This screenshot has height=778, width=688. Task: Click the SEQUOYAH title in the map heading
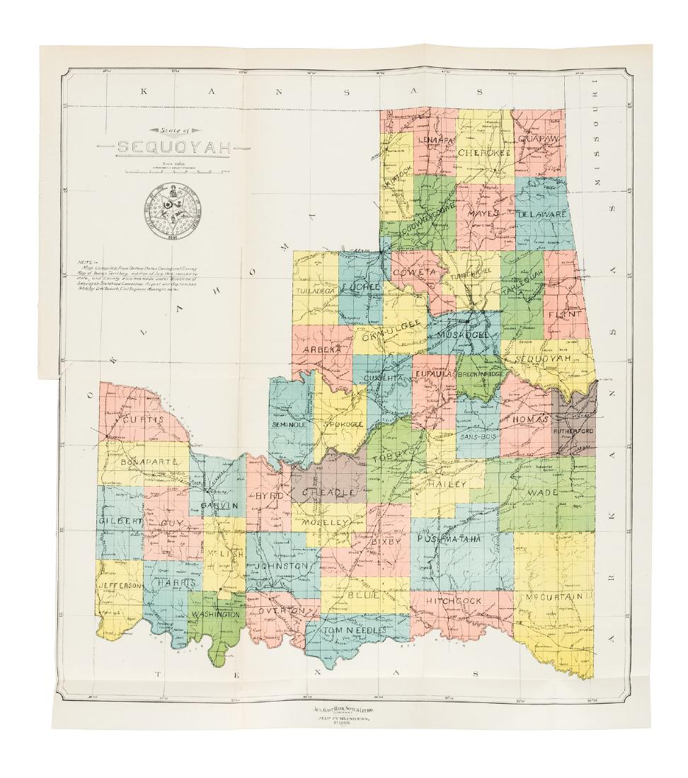pos(173,148)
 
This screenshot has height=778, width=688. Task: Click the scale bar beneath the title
pos(173,171)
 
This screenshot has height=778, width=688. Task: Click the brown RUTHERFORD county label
pos(573,431)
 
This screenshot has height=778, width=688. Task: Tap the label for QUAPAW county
pos(539,139)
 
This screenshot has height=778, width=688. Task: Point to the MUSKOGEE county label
pos(463,334)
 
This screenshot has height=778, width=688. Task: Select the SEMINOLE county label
pos(289,424)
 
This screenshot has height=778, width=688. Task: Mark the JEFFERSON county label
pos(120,586)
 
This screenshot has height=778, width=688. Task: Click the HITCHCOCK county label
pos(454,600)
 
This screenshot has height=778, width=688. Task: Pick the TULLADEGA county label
pos(316,291)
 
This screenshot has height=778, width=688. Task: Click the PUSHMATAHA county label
pos(449,539)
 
